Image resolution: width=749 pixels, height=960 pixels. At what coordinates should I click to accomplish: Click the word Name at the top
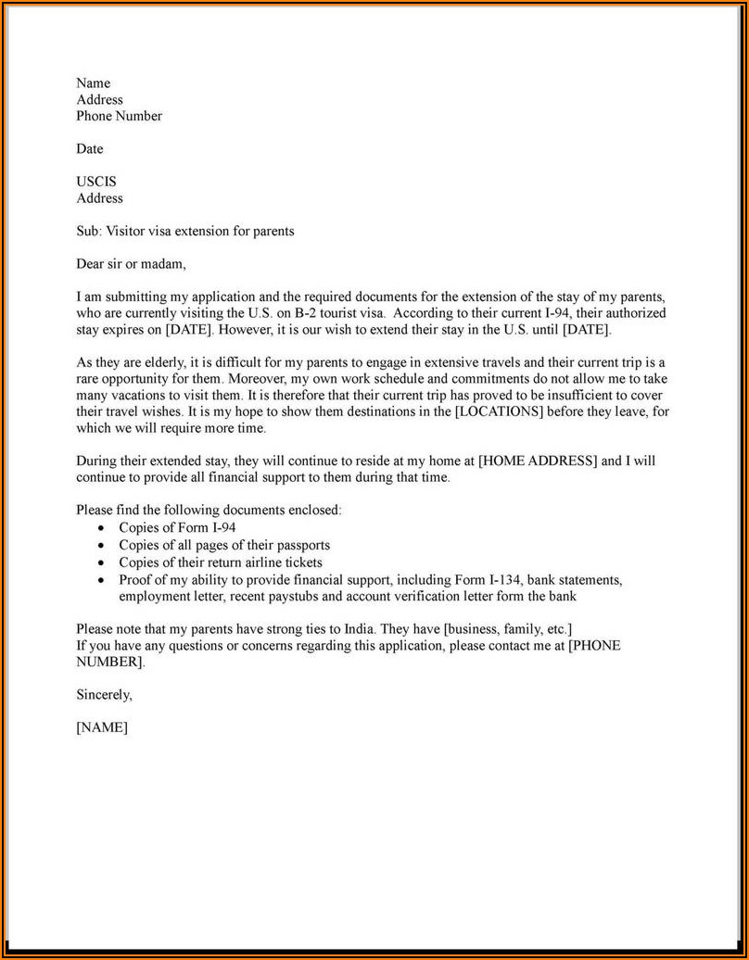93,83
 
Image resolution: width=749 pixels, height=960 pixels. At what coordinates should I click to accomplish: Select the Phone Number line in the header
119,116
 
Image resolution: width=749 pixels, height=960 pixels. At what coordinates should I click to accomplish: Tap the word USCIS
96,182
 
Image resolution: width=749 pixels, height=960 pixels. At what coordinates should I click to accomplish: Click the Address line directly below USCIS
99,198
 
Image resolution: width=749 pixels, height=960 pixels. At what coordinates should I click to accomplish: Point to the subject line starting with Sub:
184,231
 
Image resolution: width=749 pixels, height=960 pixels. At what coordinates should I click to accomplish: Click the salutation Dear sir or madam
131,264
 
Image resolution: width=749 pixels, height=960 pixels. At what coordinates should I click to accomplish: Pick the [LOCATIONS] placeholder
501,411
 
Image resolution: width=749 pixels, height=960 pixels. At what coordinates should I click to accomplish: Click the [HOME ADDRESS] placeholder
538,461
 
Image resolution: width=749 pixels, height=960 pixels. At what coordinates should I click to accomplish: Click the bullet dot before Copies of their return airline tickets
101,562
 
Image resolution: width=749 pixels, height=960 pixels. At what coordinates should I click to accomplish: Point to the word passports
300,545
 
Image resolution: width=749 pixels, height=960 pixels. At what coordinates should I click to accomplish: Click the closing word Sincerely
104,694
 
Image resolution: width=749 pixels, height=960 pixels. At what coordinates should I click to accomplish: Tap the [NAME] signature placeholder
102,727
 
